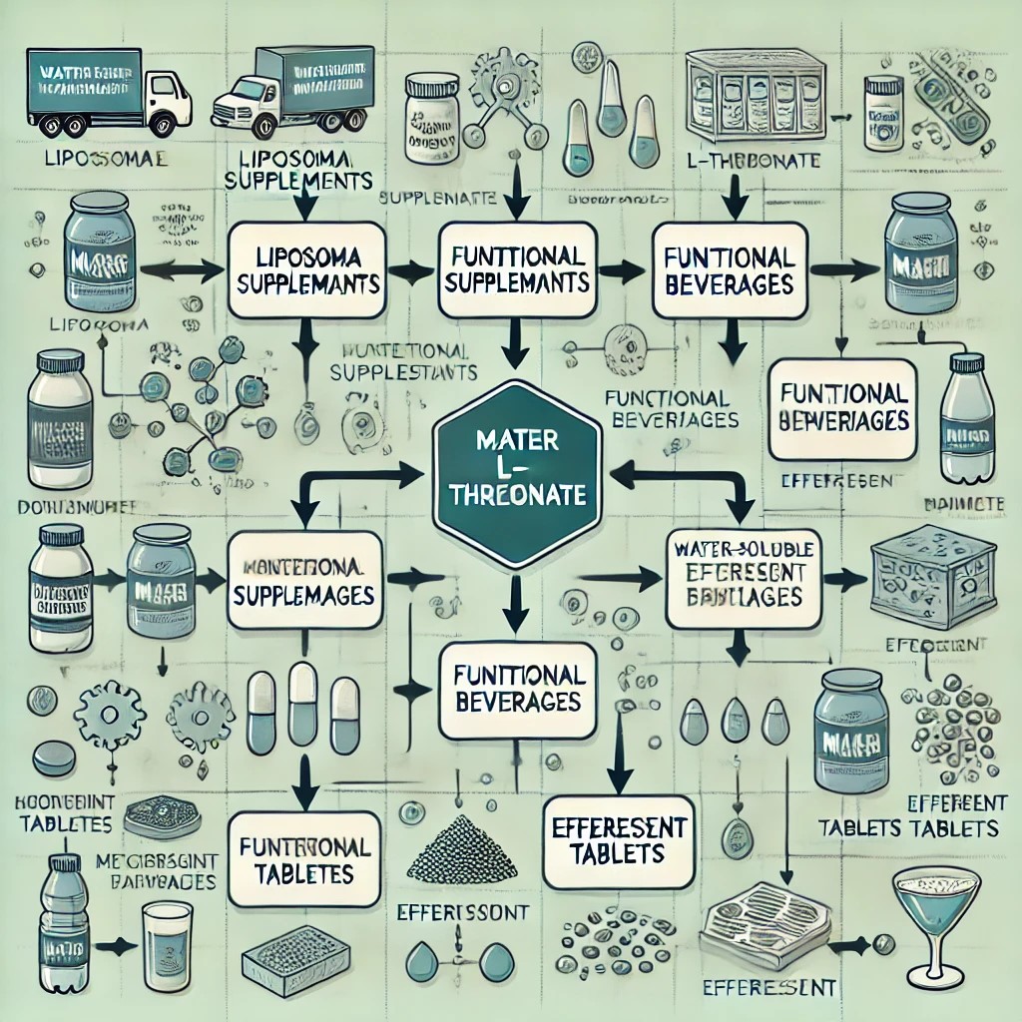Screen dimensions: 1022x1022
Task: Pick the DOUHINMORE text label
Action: click(x=62, y=507)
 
